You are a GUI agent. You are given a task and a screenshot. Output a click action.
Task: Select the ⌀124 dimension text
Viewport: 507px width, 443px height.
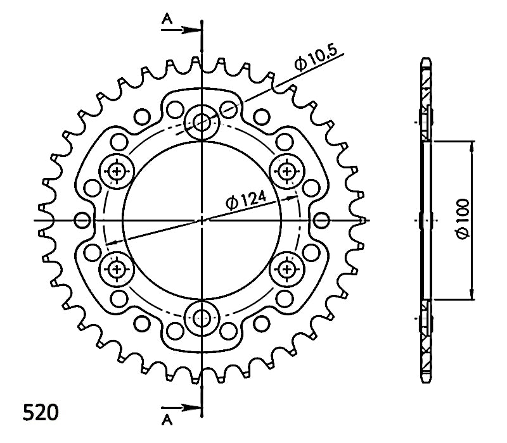[x=247, y=200]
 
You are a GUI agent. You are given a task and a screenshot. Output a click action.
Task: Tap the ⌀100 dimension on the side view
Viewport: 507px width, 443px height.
[x=463, y=219]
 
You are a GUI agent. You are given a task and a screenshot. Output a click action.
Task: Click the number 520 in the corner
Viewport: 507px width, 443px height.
[x=41, y=413]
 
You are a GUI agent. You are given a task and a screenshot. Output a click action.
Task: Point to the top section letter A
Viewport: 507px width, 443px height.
[x=167, y=20]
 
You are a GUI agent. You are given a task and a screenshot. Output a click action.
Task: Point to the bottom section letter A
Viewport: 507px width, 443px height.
[x=167, y=420]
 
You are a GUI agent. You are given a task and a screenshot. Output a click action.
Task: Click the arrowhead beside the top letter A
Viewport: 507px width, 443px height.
[x=191, y=30]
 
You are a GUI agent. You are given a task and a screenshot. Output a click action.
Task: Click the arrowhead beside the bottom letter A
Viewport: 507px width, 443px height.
[x=191, y=408]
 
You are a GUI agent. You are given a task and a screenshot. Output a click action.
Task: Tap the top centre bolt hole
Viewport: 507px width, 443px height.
[x=202, y=122]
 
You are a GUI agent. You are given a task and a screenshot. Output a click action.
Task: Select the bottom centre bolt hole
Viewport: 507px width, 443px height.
[x=202, y=318]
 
